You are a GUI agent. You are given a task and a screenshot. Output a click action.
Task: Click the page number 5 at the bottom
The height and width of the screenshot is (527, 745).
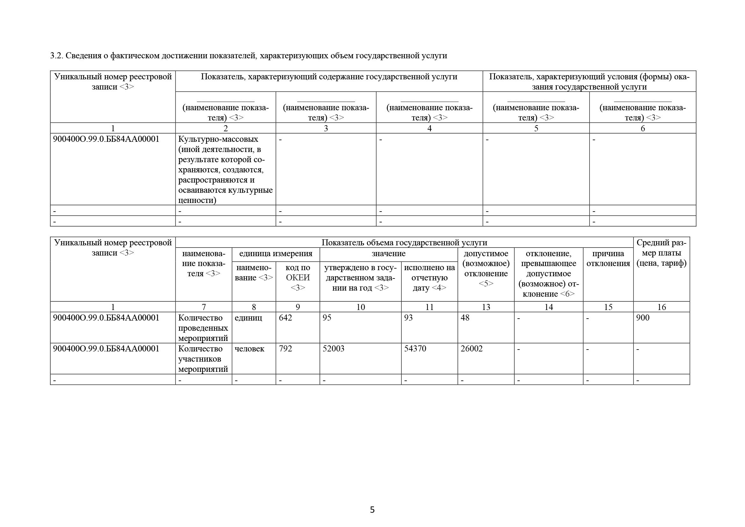click(372, 510)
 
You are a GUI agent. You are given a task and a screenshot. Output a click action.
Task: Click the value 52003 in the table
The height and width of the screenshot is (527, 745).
click(333, 349)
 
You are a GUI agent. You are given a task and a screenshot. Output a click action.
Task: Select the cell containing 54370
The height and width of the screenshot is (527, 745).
click(415, 349)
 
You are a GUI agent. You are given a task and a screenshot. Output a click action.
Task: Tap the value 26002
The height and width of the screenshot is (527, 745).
click(471, 349)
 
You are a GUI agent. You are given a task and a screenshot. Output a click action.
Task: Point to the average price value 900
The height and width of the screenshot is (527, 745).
click(643, 318)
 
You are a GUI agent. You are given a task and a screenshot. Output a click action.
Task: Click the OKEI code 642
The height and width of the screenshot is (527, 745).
click(285, 318)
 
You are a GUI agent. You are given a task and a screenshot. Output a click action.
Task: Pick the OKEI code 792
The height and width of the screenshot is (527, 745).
click(285, 349)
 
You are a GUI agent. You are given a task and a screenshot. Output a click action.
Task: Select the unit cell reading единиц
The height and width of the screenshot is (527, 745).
click(248, 318)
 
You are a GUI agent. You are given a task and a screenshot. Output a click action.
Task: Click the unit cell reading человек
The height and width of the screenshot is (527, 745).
click(249, 349)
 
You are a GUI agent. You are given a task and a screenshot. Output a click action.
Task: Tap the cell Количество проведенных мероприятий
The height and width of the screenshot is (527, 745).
click(203, 328)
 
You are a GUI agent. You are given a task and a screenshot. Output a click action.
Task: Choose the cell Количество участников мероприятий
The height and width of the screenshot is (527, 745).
click(203, 359)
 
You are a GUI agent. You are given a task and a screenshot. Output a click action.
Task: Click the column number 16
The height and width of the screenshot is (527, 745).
click(661, 307)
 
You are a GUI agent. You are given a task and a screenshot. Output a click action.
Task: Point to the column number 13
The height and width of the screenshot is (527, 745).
click(486, 307)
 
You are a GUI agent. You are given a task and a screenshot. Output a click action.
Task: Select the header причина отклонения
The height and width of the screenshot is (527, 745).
click(608, 258)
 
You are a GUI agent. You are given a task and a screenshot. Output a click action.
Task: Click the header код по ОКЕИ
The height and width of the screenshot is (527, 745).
click(297, 278)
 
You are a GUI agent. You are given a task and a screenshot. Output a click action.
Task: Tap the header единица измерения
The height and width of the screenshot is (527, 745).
click(276, 253)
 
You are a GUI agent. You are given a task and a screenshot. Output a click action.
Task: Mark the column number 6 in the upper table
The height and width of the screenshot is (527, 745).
click(642, 128)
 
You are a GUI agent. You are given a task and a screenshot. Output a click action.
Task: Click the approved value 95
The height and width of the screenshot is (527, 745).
click(327, 318)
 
